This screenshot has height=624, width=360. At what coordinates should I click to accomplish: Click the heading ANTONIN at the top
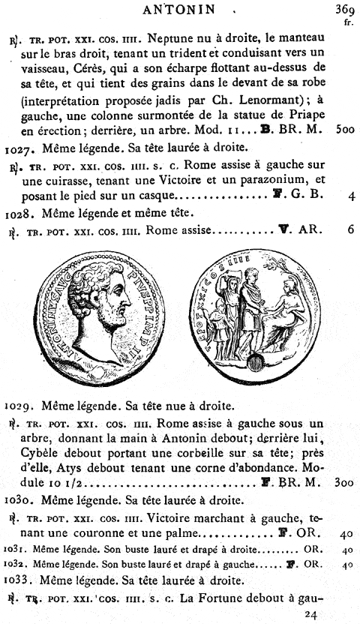pos(184,10)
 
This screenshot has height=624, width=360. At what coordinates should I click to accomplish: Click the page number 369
pos(344,10)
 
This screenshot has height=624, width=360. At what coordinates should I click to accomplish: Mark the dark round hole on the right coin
pos(256,364)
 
